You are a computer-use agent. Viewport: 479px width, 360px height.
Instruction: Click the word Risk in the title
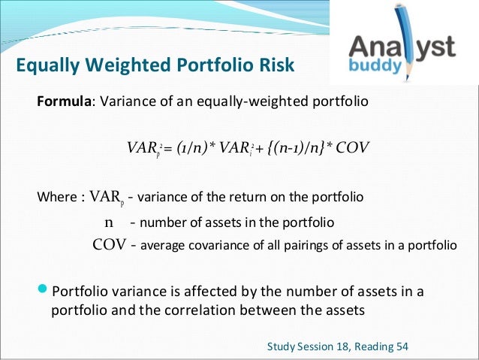[x=272, y=67]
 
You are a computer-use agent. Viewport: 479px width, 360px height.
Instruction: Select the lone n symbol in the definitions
[x=108, y=222]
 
